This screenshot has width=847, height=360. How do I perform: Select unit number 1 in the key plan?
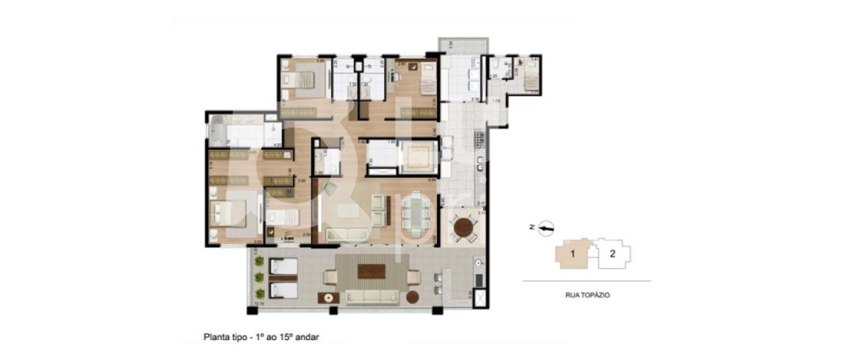[573, 253]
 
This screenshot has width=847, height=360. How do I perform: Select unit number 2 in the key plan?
[613, 253]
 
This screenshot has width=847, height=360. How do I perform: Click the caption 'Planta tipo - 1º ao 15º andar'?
[261, 337]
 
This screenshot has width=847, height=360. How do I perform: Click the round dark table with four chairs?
[463, 229]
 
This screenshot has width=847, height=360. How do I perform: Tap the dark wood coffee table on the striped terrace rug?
[371, 271]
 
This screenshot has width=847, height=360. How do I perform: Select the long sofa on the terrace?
[371, 296]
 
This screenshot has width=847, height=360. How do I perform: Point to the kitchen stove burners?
[480, 140]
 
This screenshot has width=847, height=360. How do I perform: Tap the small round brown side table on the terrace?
[414, 296]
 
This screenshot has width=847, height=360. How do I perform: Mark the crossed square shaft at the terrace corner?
[480, 298]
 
